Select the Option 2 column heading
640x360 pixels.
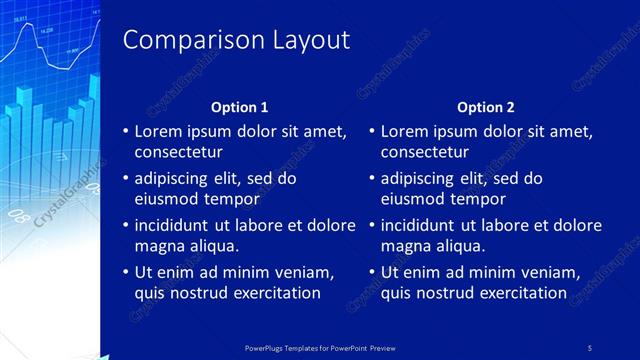point(486,107)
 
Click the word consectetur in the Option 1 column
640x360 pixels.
point(178,152)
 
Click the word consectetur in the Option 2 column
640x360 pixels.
point(424,152)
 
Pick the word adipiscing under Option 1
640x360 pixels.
point(173,178)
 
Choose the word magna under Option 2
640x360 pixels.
point(404,245)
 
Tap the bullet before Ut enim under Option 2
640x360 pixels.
point(372,272)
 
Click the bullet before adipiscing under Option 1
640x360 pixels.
point(126,179)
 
